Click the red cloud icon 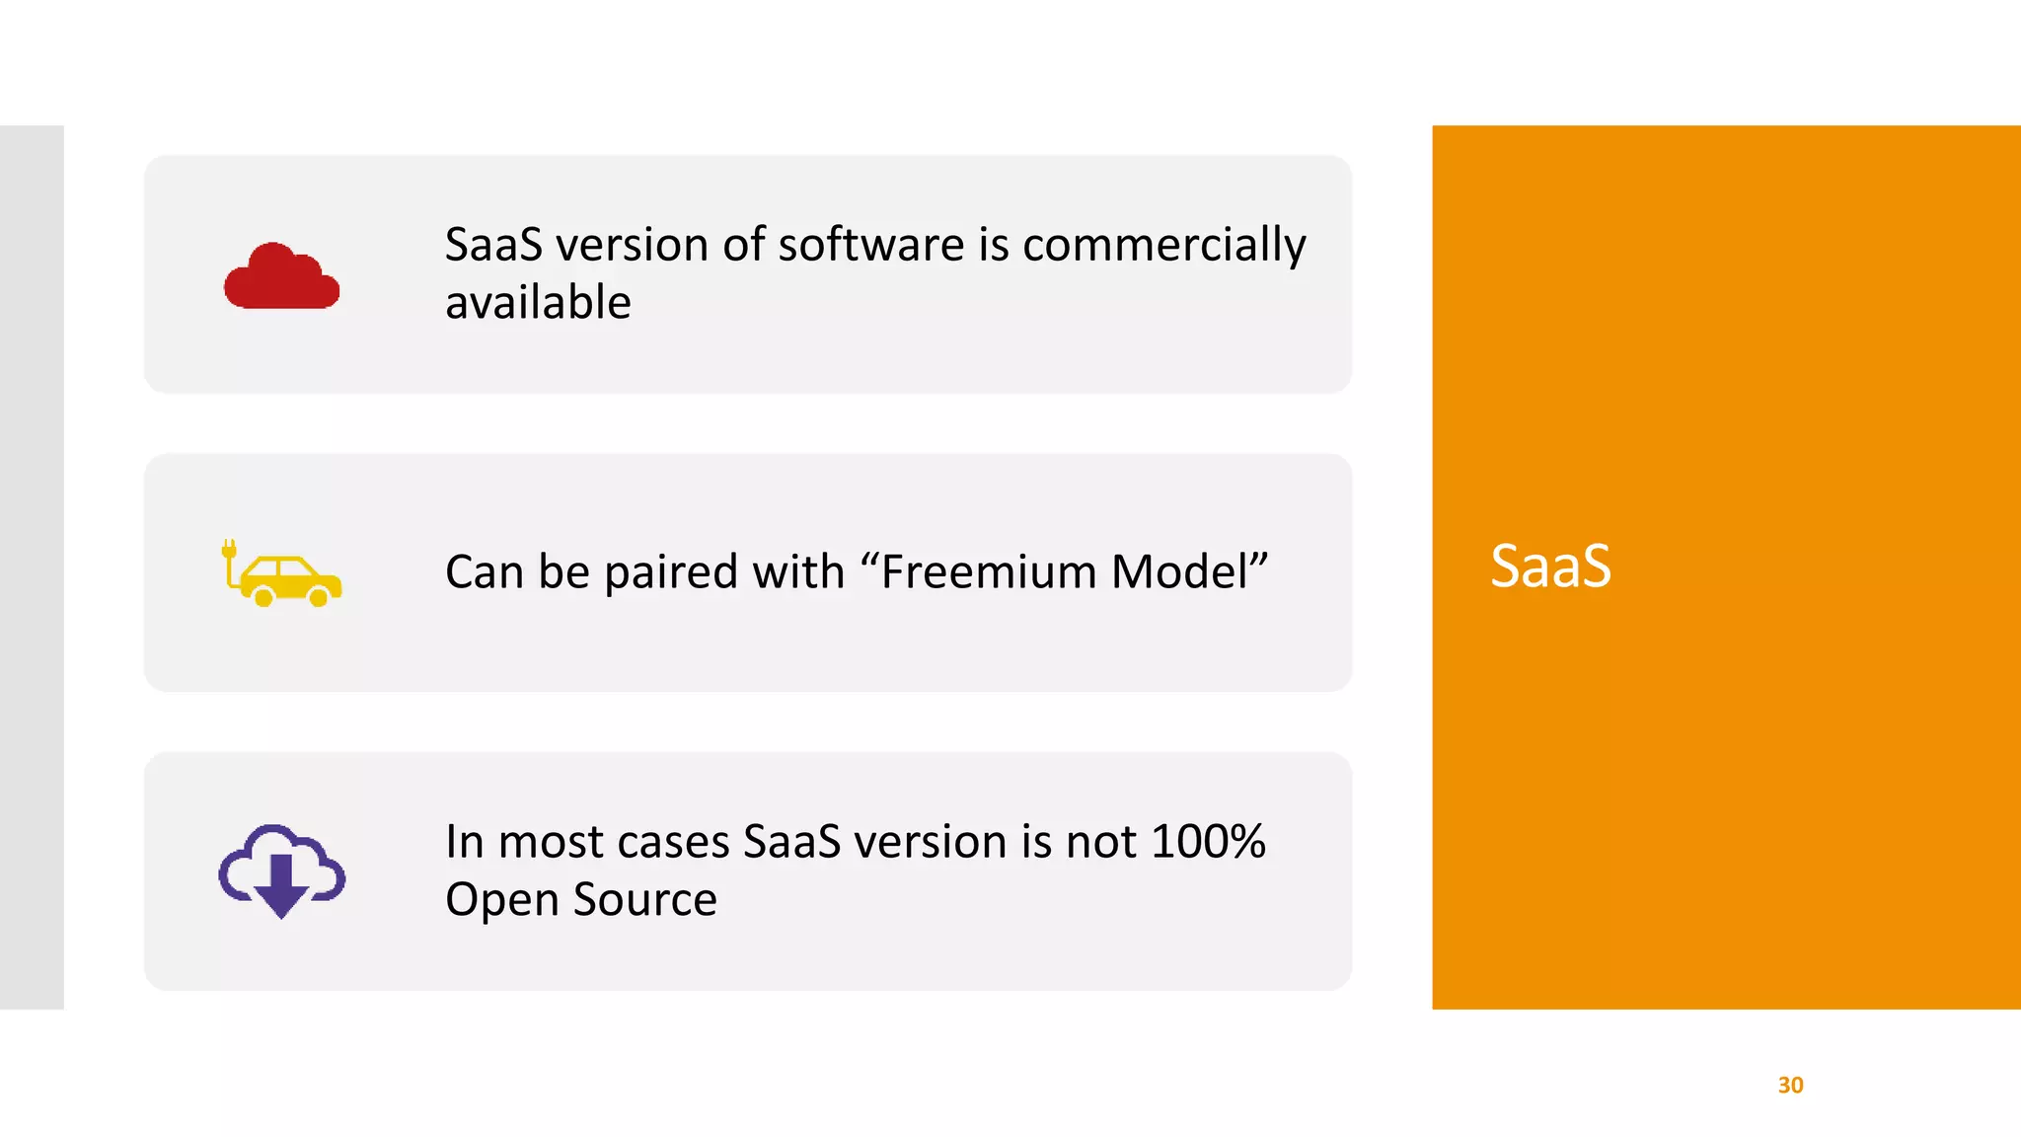click(281, 277)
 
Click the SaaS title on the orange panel click(1549, 567)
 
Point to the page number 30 click(1790, 1085)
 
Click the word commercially click(1164, 245)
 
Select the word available click(538, 302)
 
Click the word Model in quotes click(1180, 571)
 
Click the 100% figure click(1208, 842)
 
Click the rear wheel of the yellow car click(263, 596)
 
